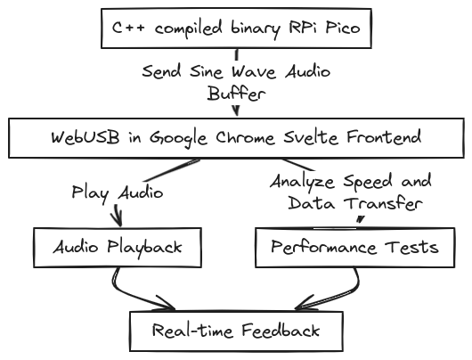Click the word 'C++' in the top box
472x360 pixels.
[x=128, y=28]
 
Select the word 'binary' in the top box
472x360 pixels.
[x=256, y=29]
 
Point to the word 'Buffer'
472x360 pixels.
[x=236, y=93]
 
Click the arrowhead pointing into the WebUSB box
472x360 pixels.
[x=237, y=110]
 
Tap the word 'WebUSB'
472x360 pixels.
[x=85, y=138]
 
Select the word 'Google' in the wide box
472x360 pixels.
[x=178, y=139]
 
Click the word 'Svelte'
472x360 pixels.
[x=311, y=137]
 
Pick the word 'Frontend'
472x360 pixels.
[x=384, y=137]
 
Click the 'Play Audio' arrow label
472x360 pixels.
[x=118, y=193]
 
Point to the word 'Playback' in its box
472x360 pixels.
[x=145, y=249]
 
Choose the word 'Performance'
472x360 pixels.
[x=323, y=247]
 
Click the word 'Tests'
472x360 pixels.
[x=411, y=247]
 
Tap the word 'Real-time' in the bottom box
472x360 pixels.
[x=192, y=331]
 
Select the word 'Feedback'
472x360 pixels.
[x=281, y=330]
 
